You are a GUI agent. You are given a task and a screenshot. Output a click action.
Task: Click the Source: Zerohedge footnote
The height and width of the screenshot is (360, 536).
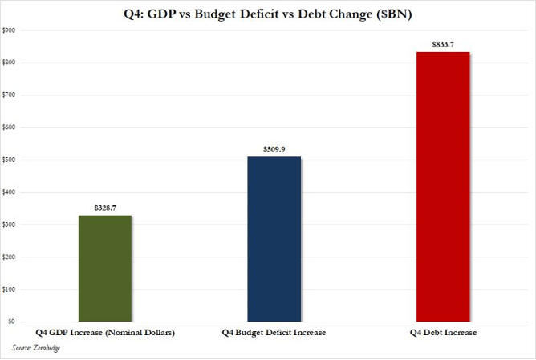36,348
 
